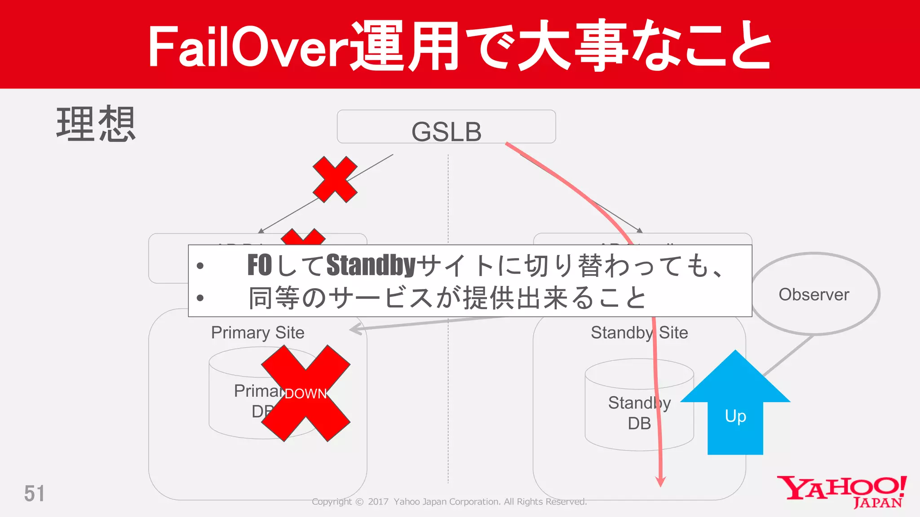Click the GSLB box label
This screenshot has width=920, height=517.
pos(446,131)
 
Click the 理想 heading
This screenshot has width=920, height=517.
pos(96,124)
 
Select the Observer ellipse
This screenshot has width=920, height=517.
pos(814,294)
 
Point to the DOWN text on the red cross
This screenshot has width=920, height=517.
pos(305,394)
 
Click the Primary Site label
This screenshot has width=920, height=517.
pos(257,333)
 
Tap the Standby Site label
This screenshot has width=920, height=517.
pos(639,333)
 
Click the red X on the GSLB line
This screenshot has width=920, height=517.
pos(335,179)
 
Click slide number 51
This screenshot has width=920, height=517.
pos(34,494)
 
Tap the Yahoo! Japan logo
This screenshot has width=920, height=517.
pos(842,491)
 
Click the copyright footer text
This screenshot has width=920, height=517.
pos(449,502)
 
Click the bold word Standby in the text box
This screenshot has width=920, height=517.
pos(371,265)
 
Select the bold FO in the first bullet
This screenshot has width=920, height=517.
pos(260,265)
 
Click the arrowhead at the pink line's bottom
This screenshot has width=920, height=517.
pos(660,482)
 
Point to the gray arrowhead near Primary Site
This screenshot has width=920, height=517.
pos(356,329)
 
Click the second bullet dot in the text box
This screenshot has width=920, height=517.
pos(200,298)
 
